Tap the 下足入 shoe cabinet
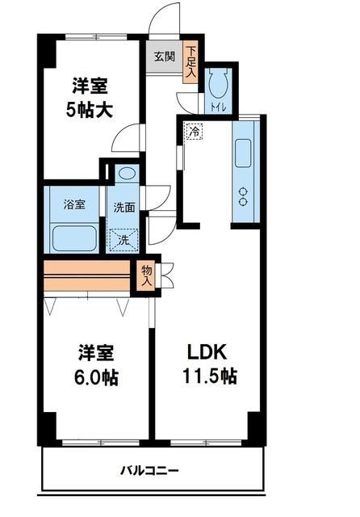point(190,62)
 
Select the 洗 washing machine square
point(123,238)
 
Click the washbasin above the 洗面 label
point(126,174)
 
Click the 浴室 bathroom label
point(74,204)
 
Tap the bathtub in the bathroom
point(74,238)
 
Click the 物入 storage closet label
point(147,275)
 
